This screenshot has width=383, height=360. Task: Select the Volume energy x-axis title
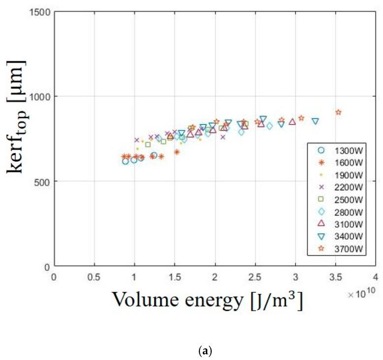[207, 299]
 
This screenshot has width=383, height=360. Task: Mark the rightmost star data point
[338, 112]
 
